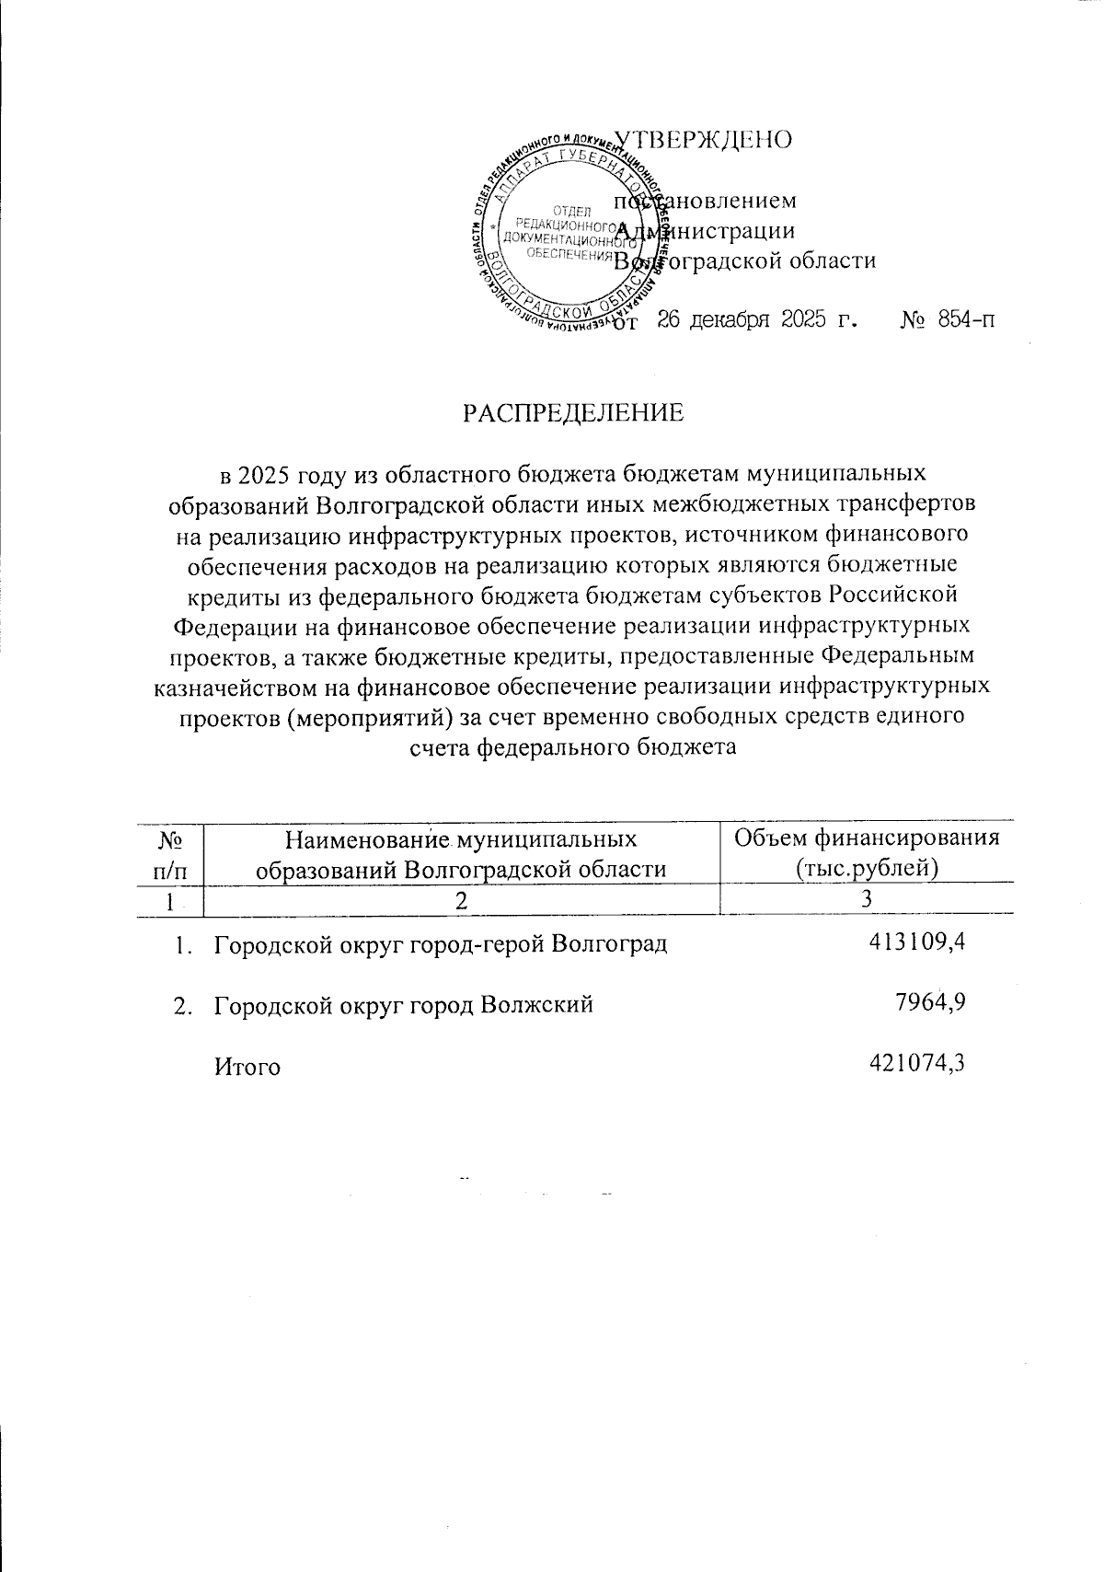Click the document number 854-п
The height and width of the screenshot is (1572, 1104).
(966, 321)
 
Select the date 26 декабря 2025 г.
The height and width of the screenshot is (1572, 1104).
(757, 321)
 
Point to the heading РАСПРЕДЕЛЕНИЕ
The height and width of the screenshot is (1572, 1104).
(573, 413)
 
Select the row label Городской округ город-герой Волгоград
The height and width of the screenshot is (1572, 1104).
(440, 944)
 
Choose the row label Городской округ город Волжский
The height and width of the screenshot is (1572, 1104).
(403, 1005)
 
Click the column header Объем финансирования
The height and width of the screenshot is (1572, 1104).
(866, 838)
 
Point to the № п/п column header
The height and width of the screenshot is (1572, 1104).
(168, 853)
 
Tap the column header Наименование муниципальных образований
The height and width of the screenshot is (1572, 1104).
(461, 853)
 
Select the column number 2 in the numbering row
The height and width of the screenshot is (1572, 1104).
(460, 900)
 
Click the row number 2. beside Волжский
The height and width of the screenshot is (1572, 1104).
(183, 1005)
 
